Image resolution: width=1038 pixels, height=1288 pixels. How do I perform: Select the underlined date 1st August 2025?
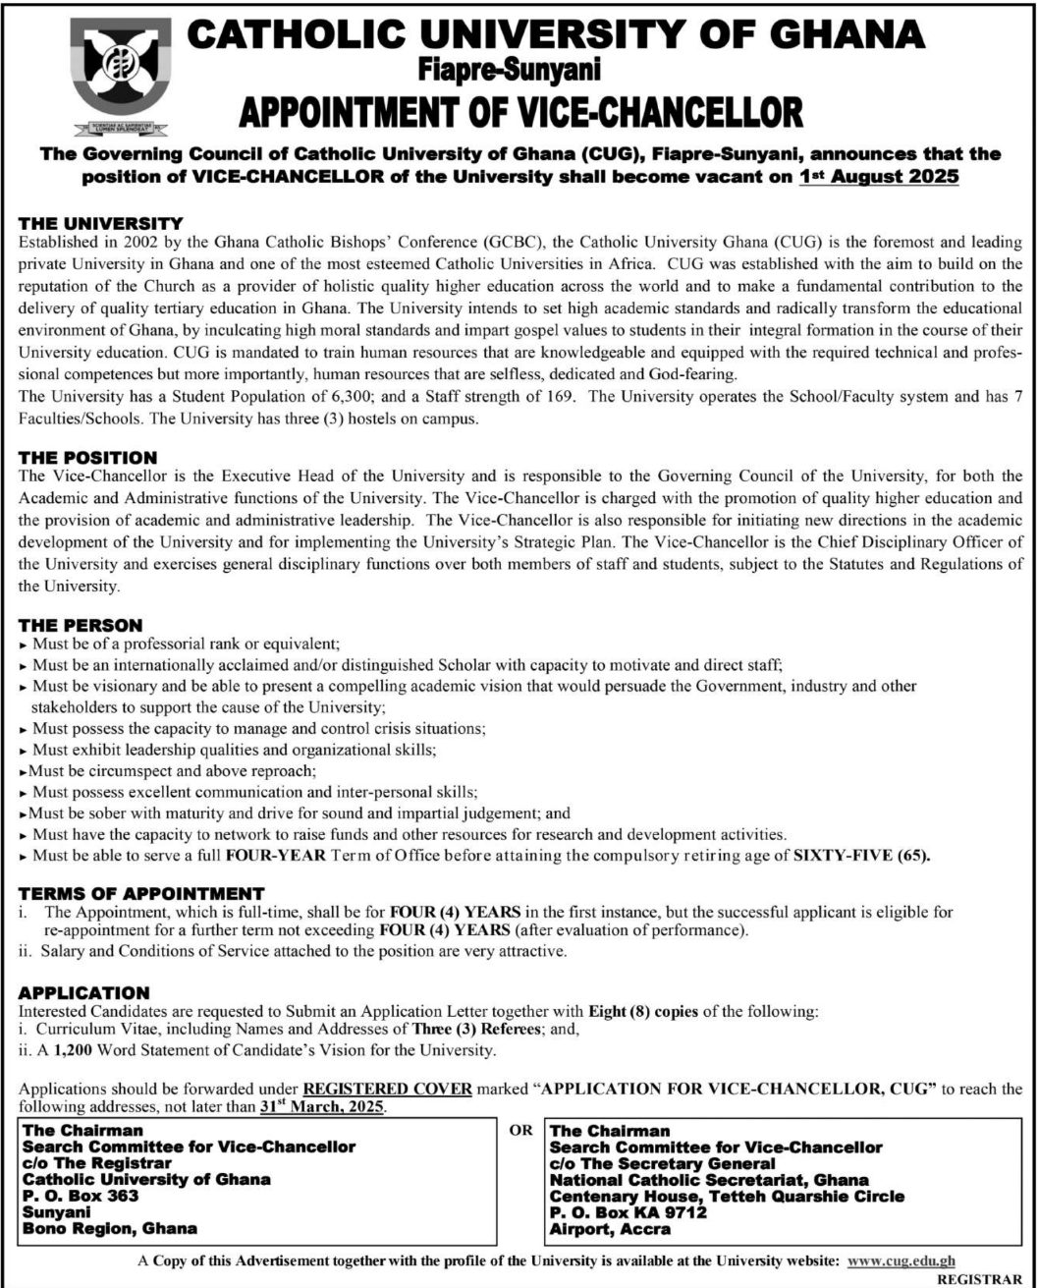click(x=880, y=179)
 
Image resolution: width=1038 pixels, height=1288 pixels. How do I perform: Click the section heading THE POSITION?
click(x=88, y=458)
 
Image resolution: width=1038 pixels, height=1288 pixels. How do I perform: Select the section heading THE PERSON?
click(x=81, y=625)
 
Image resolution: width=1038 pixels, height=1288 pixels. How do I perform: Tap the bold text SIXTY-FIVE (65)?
click(x=860, y=856)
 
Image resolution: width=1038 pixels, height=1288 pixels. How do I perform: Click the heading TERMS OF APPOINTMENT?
click(x=141, y=893)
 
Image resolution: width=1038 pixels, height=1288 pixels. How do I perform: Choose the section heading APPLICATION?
click(x=84, y=993)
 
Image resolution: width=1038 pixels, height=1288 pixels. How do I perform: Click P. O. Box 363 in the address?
click(x=82, y=1196)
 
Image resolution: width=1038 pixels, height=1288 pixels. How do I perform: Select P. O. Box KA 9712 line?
click(x=628, y=1212)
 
